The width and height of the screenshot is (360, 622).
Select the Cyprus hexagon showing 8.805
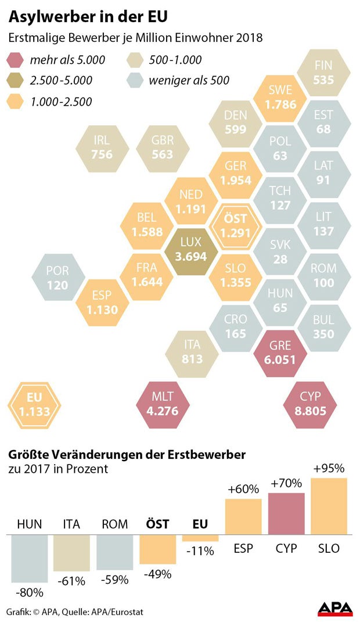pyautogui.click(x=311, y=404)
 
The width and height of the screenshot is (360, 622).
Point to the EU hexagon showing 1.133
pyautogui.click(x=34, y=405)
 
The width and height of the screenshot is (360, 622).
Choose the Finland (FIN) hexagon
pyautogui.click(x=323, y=72)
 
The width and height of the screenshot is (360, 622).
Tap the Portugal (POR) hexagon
pyautogui.click(x=58, y=278)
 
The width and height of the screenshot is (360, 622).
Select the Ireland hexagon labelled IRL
pyautogui.click(x=102, y=148)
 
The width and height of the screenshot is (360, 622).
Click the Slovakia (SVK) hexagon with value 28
pyautogui.click(x=280, y=251)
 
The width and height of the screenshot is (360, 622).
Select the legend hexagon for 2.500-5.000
pyautogui.click(x=17, y=81)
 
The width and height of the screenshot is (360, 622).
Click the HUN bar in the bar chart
pyautogui.click(x=29, y=558)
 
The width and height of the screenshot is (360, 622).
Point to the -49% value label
pyautogui.click(x=157, y=574)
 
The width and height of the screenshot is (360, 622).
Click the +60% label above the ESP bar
pyautogui.click(x=243, y=489)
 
